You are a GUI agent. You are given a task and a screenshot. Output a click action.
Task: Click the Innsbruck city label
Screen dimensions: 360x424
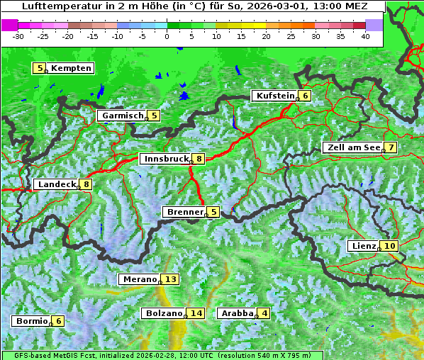(x=164, y=159)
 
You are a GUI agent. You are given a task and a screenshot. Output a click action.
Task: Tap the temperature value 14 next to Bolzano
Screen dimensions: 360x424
(x=196, y=313)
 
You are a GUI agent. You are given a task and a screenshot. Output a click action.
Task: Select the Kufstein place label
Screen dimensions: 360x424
(x=274, y=96)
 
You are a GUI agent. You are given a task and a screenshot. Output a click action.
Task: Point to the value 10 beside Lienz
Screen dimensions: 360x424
(x=390, y=246)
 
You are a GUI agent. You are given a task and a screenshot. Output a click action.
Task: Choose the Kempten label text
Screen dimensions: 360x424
(x=71, y=68)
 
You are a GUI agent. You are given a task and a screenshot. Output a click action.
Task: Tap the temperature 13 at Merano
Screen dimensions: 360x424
(x=170, y=279)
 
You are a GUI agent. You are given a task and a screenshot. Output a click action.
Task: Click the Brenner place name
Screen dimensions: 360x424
(x=184, y=212)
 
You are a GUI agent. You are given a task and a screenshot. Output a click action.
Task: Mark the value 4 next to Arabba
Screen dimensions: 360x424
(x=264, y=313)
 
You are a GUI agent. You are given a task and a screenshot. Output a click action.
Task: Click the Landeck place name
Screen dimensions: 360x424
(x=57, y=184)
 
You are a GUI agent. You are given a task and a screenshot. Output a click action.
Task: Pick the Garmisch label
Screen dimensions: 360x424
(x=123, y=116)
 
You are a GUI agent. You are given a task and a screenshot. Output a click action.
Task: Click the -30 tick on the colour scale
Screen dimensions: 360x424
(x=19, y=35)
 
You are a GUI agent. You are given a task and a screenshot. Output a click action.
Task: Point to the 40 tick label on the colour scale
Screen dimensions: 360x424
(x=366, y=35)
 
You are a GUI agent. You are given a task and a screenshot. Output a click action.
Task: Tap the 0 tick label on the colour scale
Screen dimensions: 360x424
(x=167, y=35)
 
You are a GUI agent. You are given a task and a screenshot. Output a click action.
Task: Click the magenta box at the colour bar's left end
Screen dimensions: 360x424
(x=9, y=25)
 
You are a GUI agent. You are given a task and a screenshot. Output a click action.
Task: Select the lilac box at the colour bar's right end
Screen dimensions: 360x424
(x=374, y=25)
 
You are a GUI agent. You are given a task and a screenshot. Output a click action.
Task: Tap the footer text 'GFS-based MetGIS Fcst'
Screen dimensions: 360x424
(x=51, y=355)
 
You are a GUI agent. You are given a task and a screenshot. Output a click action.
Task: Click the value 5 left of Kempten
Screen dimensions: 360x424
(x=40, y=68)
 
